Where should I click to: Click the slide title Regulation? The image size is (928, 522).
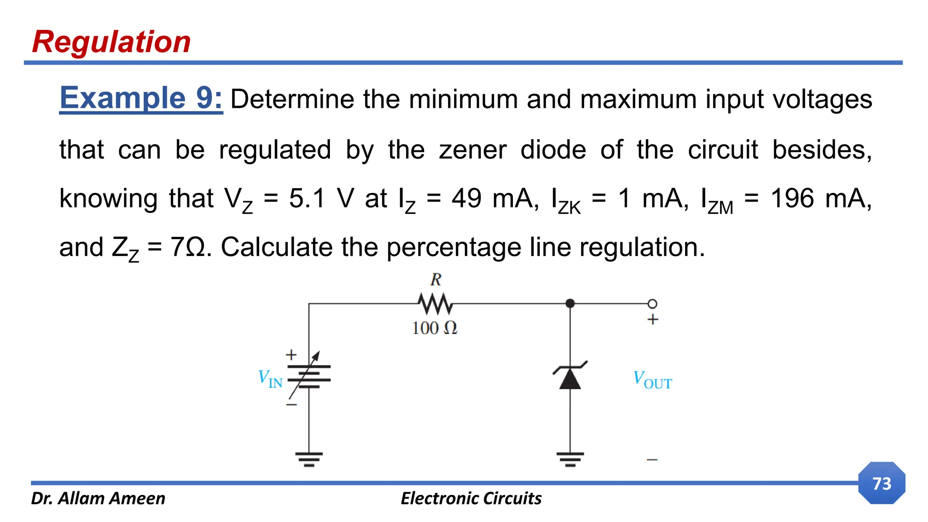[111, 42]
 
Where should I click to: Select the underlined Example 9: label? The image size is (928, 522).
[141, 98]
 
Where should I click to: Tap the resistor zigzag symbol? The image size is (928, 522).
[435, 304]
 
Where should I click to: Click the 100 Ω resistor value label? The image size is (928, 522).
[435, 328]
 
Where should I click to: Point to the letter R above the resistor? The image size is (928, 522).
[435, 280]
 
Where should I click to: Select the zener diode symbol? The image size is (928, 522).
[570, 376]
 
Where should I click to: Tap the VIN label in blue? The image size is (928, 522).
[270, 378]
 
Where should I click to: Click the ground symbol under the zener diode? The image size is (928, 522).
[570, 459]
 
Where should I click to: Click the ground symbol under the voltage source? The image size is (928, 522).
[309, 459]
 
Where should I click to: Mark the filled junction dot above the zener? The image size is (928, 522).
[570, 304]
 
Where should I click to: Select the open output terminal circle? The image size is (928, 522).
[652, 304]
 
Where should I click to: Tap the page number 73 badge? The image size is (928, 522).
[881, 483]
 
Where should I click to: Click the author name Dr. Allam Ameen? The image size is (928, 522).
[98, 498]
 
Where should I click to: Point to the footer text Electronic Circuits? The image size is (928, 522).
[471, 498]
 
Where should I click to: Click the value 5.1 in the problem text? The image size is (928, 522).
[307, 198]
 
